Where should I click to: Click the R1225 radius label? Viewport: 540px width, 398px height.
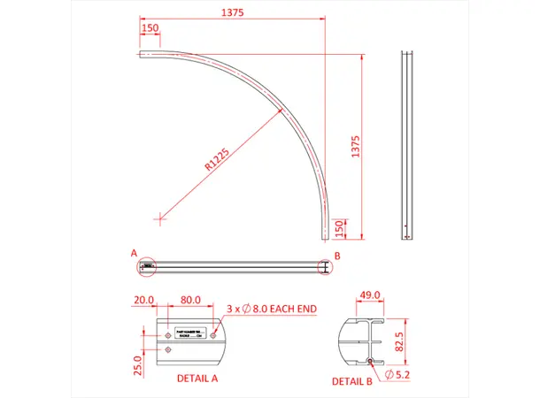pos(217,158)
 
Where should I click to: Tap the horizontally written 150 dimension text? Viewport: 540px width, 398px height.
pos(150,28)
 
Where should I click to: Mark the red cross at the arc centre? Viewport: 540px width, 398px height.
pos(158,216)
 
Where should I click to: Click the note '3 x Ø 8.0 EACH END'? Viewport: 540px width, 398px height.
pos(272,308)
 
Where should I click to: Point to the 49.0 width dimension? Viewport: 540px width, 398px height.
pos(369,295)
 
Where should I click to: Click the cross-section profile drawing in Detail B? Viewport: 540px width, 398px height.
pos(362,341)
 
